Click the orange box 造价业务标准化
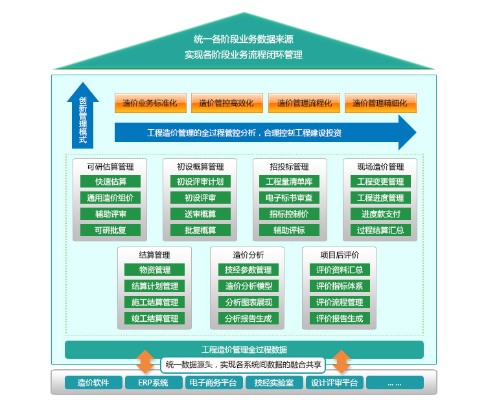[150, 103]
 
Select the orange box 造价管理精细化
[380, 103]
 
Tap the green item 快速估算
[110, 182]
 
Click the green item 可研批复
[110, 230]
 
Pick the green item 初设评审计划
[200, 182]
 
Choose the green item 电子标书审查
[289, 198]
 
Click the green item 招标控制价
[289, 214]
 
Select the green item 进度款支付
[380, 214]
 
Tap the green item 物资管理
[154, 270]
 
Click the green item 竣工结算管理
[154, 319]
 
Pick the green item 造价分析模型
[248, 286]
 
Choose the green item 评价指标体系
[340, 286]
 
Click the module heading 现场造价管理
[380, 167]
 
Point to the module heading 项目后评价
[340, 255]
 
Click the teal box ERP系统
[153, 383]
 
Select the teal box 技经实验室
[274, 383]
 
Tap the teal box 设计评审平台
[334, 383]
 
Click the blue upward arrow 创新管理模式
[83, 117]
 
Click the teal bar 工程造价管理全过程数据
[244, 350]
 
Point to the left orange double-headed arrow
[146, 361]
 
